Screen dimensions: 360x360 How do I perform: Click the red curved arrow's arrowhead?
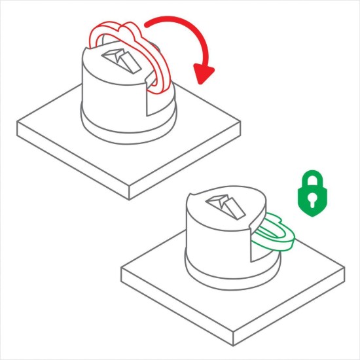click(205, 71)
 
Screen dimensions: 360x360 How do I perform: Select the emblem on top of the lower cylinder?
click(225, 207)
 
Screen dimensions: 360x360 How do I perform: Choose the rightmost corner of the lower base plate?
click(344, 267)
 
